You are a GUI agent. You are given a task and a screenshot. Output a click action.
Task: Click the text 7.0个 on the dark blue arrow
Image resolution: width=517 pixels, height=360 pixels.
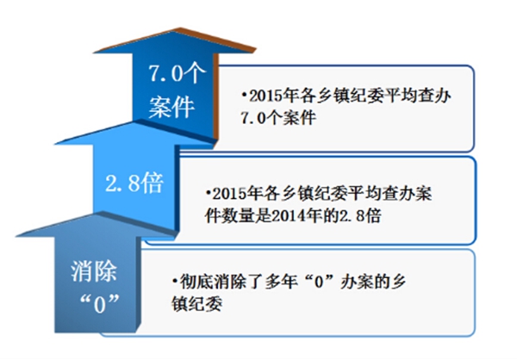[x=177, y=73]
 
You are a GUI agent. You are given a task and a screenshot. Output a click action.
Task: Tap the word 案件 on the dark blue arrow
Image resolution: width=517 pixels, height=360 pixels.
[x=171, y=107]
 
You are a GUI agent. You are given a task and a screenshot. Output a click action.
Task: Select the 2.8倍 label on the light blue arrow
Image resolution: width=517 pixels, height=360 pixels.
[x=134, y=183]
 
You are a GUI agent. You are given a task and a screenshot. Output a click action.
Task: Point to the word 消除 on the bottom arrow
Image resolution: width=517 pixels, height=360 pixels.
[x=94, y=271]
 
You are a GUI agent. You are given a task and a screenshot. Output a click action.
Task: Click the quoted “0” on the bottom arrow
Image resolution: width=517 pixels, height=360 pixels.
[x=100, y=304]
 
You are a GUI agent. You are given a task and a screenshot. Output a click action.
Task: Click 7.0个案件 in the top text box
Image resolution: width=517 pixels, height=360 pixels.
[x=278, y=118]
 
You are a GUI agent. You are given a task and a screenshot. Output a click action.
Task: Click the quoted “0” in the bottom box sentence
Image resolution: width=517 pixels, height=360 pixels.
[x=318, y=282]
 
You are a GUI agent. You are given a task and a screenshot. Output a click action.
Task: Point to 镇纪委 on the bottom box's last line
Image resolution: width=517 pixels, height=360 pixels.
[x=196, y=304]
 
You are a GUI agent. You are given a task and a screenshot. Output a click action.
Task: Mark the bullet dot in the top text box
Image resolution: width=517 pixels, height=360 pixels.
[x=245, y=96]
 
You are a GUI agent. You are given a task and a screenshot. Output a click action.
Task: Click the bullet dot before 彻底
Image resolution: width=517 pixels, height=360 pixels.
[x=175, y=282]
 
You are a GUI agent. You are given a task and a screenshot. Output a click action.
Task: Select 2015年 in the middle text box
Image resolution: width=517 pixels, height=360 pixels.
[x=235, y=194]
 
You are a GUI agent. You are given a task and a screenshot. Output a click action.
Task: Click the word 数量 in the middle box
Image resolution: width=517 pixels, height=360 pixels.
[x=238, y=216]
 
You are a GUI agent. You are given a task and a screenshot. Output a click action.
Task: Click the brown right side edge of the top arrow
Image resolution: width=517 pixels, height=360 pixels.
[x=216, y=96]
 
